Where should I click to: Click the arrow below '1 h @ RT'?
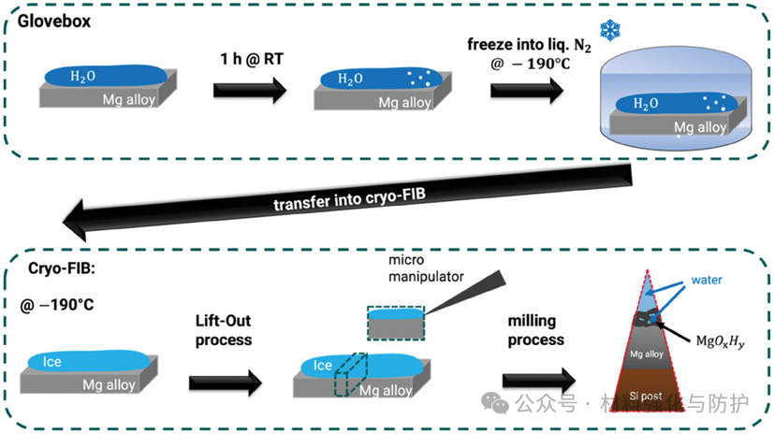[x=249, y=90]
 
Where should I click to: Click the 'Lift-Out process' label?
[x=226, y=329]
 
